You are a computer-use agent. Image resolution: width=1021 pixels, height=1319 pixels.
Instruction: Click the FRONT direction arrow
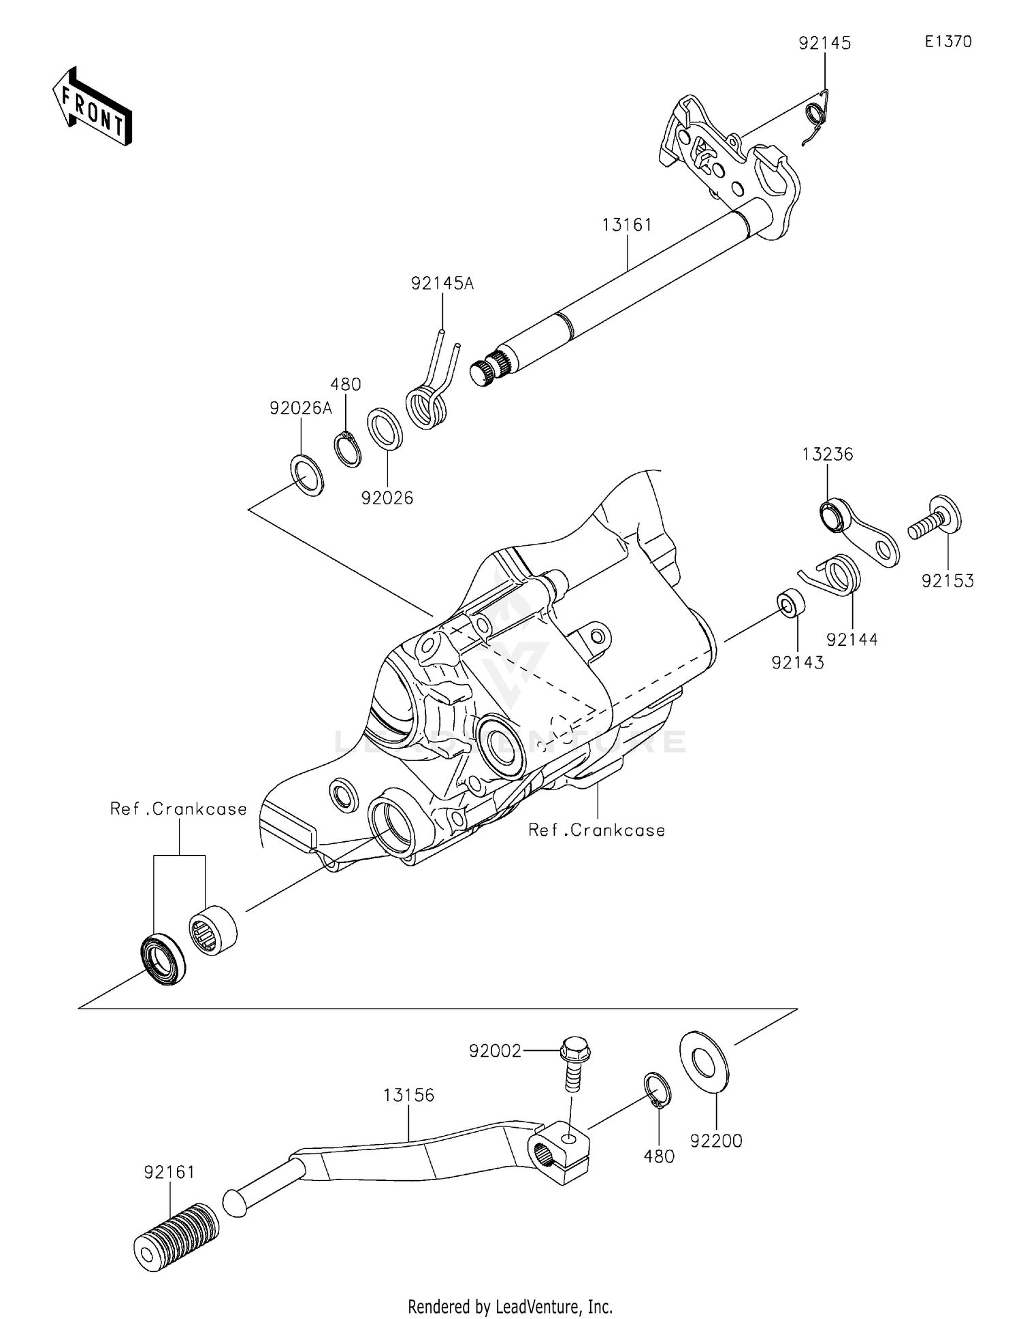tap(92, 107)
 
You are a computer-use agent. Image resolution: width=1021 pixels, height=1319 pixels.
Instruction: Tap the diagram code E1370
tap(947, 42)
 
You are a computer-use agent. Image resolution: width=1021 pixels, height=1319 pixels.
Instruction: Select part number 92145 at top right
tap(824, 43)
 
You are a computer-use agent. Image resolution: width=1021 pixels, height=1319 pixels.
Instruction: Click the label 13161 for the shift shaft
tap(627, 224)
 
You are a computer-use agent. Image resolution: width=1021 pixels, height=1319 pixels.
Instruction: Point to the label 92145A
tap(442, 283)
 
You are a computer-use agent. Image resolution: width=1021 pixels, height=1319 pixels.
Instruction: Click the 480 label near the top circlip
tap(346, 384)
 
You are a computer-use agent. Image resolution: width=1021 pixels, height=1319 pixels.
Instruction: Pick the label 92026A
tap(301, 408)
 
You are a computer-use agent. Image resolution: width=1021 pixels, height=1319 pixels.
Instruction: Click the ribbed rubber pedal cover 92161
tap(176, 1235)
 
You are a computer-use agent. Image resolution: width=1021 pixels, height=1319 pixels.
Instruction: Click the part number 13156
tap(408, 1095)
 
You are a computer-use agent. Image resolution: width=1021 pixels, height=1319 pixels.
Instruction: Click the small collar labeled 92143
tap(790, 604)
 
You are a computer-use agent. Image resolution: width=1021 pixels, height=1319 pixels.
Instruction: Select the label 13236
tap(827, 454)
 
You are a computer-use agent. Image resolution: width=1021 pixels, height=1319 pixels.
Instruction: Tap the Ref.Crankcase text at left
tap(178, 809)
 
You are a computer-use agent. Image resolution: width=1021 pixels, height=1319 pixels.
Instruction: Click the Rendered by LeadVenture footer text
tap(510, 1306)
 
